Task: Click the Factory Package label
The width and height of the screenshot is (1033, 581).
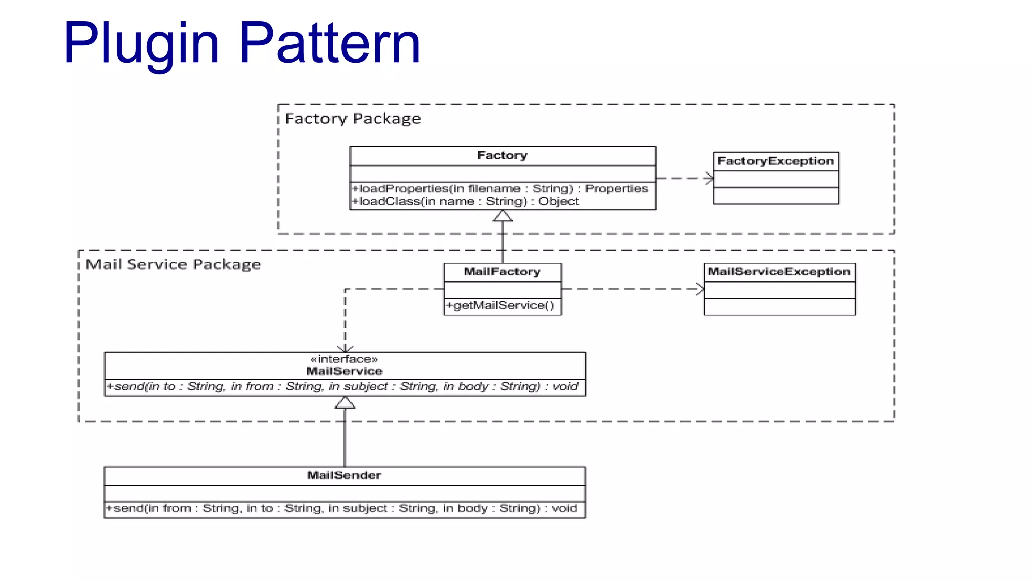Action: coord(353,119)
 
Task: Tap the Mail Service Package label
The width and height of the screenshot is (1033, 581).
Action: coord(173,264)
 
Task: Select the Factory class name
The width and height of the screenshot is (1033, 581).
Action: coord(502,155)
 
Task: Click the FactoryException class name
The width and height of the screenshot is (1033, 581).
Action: coord(775,161)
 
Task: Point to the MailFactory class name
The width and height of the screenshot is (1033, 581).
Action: coord(502,272)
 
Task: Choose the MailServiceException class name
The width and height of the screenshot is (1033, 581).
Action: coord(779,272)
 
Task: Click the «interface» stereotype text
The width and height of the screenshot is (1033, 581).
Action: coord(345,359)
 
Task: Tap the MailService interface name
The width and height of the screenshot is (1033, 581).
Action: coord(345,371)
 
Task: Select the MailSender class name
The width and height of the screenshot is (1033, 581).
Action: coord(345,475)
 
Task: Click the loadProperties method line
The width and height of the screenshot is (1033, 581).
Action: coord(499,189)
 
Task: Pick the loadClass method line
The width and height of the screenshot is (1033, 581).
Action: coord(465,201)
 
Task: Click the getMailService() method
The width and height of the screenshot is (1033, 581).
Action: coord(500,305)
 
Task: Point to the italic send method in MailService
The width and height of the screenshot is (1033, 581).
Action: coord(342,386)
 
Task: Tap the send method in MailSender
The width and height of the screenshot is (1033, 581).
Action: coord(341,508)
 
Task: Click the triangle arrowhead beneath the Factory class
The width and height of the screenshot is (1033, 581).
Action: coord(502,217)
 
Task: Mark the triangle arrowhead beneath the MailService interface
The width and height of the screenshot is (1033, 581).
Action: coord(345,403)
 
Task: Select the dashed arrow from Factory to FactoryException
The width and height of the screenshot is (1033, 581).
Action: coord(684,178)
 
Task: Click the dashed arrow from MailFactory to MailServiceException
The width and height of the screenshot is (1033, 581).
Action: coord(633,289)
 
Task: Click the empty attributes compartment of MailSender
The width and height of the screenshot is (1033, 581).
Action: coord(345,493)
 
